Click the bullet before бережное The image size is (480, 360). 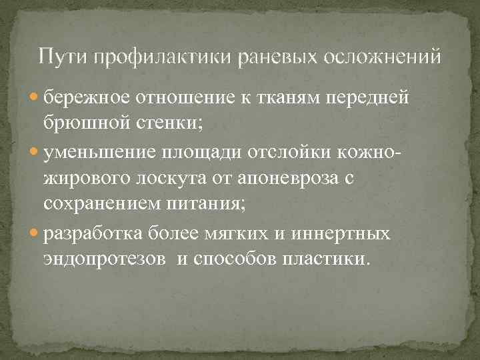[36, 98]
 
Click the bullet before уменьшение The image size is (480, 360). [36, 153]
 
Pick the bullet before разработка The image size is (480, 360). [36, 235]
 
